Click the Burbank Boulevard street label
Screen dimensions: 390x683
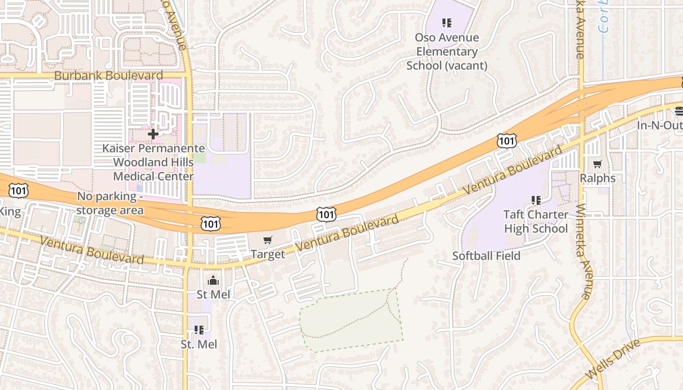click(108, 76)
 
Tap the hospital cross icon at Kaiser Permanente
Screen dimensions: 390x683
click(153, 134)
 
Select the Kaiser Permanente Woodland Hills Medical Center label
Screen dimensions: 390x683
click(153, 162)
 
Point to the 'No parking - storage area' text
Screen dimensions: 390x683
click(110, 203)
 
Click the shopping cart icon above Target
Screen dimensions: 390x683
click(267, 240)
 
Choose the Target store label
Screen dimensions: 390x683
click(267, 254)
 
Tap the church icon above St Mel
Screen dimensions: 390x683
click(213, 280)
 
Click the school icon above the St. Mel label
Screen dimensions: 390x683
click(199, 330)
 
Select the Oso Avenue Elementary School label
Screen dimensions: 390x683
click(447, 51)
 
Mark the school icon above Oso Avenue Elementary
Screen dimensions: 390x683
click(446, 22)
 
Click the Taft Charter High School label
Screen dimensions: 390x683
click(536, 221)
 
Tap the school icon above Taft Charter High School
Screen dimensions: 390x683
click(536, 200)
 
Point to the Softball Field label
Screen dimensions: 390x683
click(486, 255)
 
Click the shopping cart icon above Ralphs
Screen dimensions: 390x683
click(598, 164)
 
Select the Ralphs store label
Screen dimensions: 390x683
click(598, 178)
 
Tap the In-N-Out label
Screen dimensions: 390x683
click(659, 125)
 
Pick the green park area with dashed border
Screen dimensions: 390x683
click(351, 322)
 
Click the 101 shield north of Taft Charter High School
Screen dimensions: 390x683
click(506, 141)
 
